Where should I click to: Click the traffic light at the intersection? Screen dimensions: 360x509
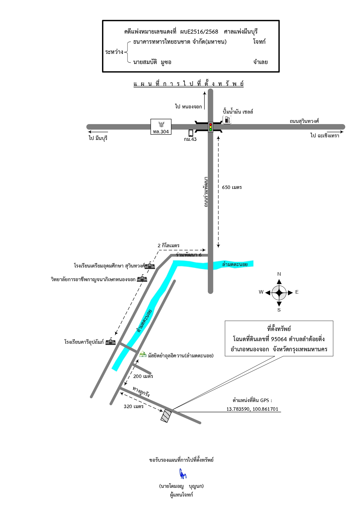pos(210,127)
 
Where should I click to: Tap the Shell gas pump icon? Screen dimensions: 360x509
pos(227,119)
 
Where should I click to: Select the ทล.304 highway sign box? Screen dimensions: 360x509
pos(161,127)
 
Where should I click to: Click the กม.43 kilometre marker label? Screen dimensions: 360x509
pos(190,139)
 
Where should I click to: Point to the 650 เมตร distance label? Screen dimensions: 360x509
pos(232,187)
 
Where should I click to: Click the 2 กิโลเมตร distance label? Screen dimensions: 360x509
pos(168,246)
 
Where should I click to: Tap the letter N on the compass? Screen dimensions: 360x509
pos(279,274)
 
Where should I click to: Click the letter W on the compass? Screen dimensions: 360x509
pos(261,292)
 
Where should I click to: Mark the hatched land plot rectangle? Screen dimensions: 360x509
pos(166,416)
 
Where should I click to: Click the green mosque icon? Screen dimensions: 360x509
pos(143,354)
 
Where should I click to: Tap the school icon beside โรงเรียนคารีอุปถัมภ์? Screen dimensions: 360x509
pos(110,341)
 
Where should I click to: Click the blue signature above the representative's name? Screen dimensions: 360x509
pos(183,474)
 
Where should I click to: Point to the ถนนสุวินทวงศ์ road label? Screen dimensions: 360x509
pos(304,121)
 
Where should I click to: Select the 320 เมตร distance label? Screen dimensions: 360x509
pos(134,406)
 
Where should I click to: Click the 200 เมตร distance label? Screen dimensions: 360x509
pos(143,376)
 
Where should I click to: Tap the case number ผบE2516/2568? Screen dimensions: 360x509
pos(199,32)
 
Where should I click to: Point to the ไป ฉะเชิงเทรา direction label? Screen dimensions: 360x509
pos(325,135)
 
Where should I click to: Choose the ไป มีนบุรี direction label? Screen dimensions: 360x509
pos(98,138)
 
